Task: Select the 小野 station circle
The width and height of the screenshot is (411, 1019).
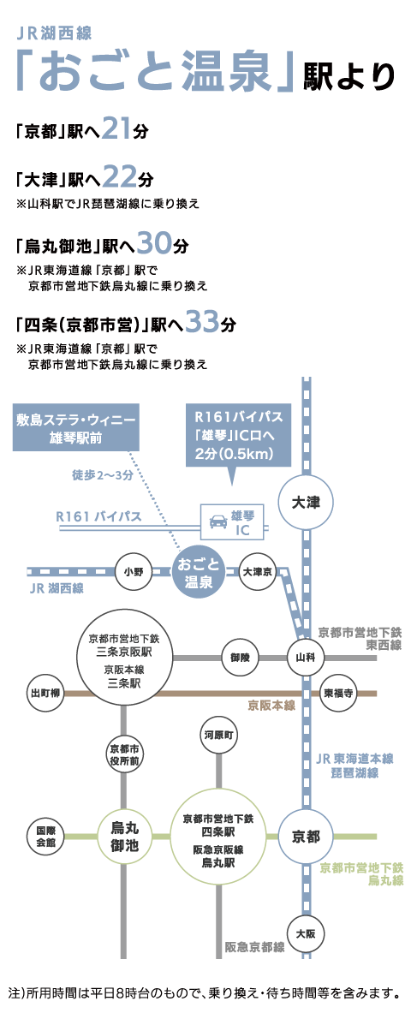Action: [x=134, y=572]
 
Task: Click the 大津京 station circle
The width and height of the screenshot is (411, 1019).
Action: [x=258, y=572]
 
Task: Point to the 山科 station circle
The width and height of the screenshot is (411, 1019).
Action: [x=304, y=657]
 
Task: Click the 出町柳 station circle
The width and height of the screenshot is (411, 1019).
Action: [x=45, y=694]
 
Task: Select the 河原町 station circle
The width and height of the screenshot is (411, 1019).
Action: [x=217, y=735]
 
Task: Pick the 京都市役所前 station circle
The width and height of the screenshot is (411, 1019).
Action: [x=123, y=754]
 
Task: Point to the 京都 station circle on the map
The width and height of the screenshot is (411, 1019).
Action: [x=304, y=837]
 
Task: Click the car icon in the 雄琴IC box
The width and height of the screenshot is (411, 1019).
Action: [x=216, y=521]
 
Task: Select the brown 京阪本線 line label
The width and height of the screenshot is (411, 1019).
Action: [x=271, y=706]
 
